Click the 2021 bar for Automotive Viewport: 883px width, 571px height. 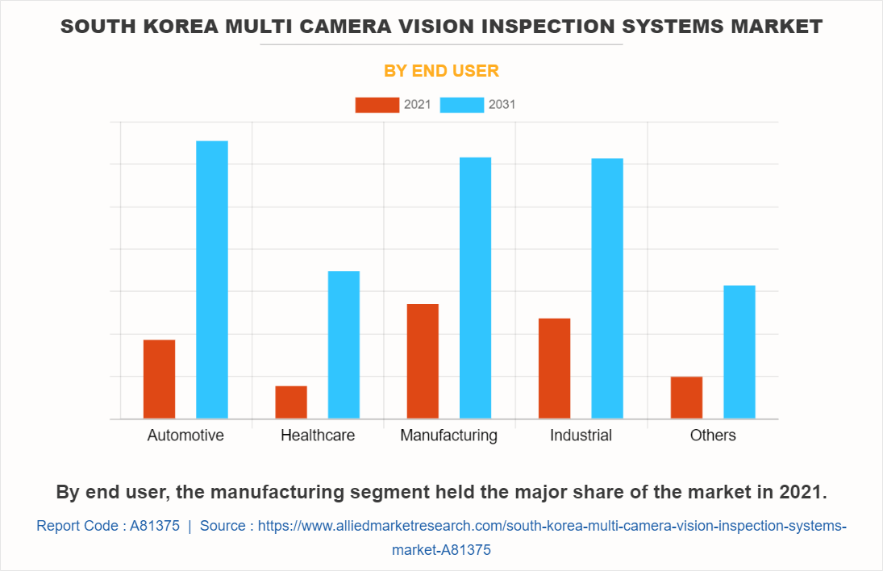(x=159, y=379)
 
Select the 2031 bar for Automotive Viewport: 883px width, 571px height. (x=212, y=280)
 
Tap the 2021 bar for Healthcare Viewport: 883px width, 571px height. (x=291, y=402)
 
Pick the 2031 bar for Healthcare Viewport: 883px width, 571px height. (x=344, y=344)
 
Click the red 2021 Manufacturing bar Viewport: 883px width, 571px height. (x=423, y=361)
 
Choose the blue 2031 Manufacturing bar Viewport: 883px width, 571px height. (x=475, y=288)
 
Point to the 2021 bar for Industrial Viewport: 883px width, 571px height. (x=554, y=369)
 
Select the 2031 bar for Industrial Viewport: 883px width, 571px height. (x=607, y=289)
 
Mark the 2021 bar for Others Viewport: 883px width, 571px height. (x=686, y=398)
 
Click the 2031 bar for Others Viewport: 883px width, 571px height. (x=739, y=352)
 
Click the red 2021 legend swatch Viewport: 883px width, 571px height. (x=377, y=105)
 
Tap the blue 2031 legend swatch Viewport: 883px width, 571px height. (x=462, y=105)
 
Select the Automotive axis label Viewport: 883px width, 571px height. (x=185, y=436)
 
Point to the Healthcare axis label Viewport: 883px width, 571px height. (x=318, y=436)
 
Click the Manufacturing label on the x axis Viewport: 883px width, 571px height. (x=448, y=436)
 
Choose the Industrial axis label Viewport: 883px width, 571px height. (x=581, y=436)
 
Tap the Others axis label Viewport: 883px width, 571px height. (x=713, y=436)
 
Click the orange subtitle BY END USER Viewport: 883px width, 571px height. (x=441, y=71)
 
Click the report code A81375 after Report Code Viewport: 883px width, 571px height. (x=155, y=526)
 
